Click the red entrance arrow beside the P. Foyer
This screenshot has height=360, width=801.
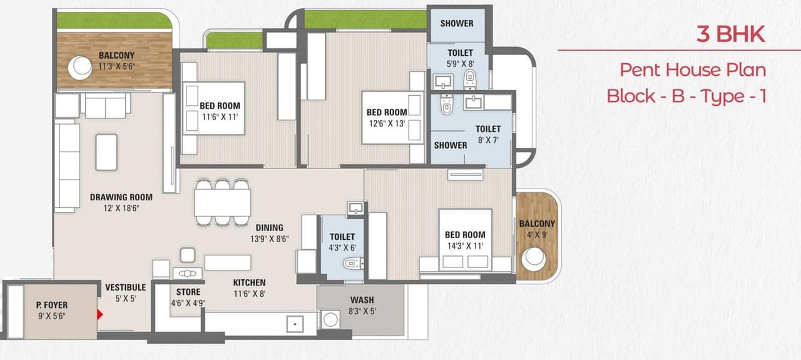[98, 314]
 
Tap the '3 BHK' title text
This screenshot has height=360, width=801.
[730, 34]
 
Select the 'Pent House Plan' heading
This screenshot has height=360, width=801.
[693, 69]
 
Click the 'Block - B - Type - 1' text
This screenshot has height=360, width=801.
[686, 96]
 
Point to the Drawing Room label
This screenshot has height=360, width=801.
[121, 197]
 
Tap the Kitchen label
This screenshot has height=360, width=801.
[249, 282]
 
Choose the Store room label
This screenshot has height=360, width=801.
[188, 292]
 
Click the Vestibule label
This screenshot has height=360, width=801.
[125, 287]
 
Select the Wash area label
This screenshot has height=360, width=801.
[362, 300]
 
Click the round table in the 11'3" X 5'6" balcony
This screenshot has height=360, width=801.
[80, 68]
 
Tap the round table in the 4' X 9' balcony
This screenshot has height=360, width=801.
[534, 258]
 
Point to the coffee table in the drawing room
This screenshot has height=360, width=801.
[106, 152]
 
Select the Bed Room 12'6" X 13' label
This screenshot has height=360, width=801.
[386, 113]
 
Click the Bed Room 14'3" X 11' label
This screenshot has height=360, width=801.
[464, 235]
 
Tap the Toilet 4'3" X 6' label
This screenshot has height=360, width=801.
[342, 237]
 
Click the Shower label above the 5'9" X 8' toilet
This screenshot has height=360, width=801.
[456, 23]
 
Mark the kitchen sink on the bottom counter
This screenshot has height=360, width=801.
[293, 324]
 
